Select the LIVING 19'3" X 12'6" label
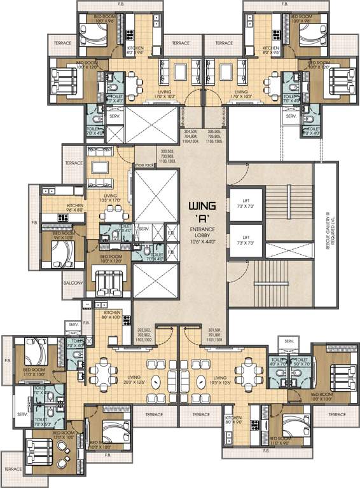pos(225,379)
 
